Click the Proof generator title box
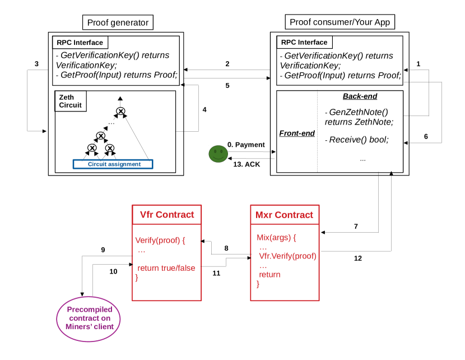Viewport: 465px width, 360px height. point(118,22)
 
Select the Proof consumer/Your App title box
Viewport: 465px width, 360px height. point(340,22)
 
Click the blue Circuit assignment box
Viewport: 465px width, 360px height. point(113,164)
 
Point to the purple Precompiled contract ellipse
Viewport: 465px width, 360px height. point(90,318)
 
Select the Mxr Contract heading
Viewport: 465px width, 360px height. point(284,215)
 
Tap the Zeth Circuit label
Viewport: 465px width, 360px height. point(70,101)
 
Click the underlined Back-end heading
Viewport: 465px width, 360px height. point(360,96)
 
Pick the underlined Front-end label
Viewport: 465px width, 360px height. point(297,133)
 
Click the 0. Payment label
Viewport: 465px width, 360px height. point(246,145)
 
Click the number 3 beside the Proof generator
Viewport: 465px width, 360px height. point(36,64)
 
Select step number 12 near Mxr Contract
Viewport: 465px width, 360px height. point(357,259)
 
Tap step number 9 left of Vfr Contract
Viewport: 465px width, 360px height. point(103,250)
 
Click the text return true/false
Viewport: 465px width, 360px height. point(166,268)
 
